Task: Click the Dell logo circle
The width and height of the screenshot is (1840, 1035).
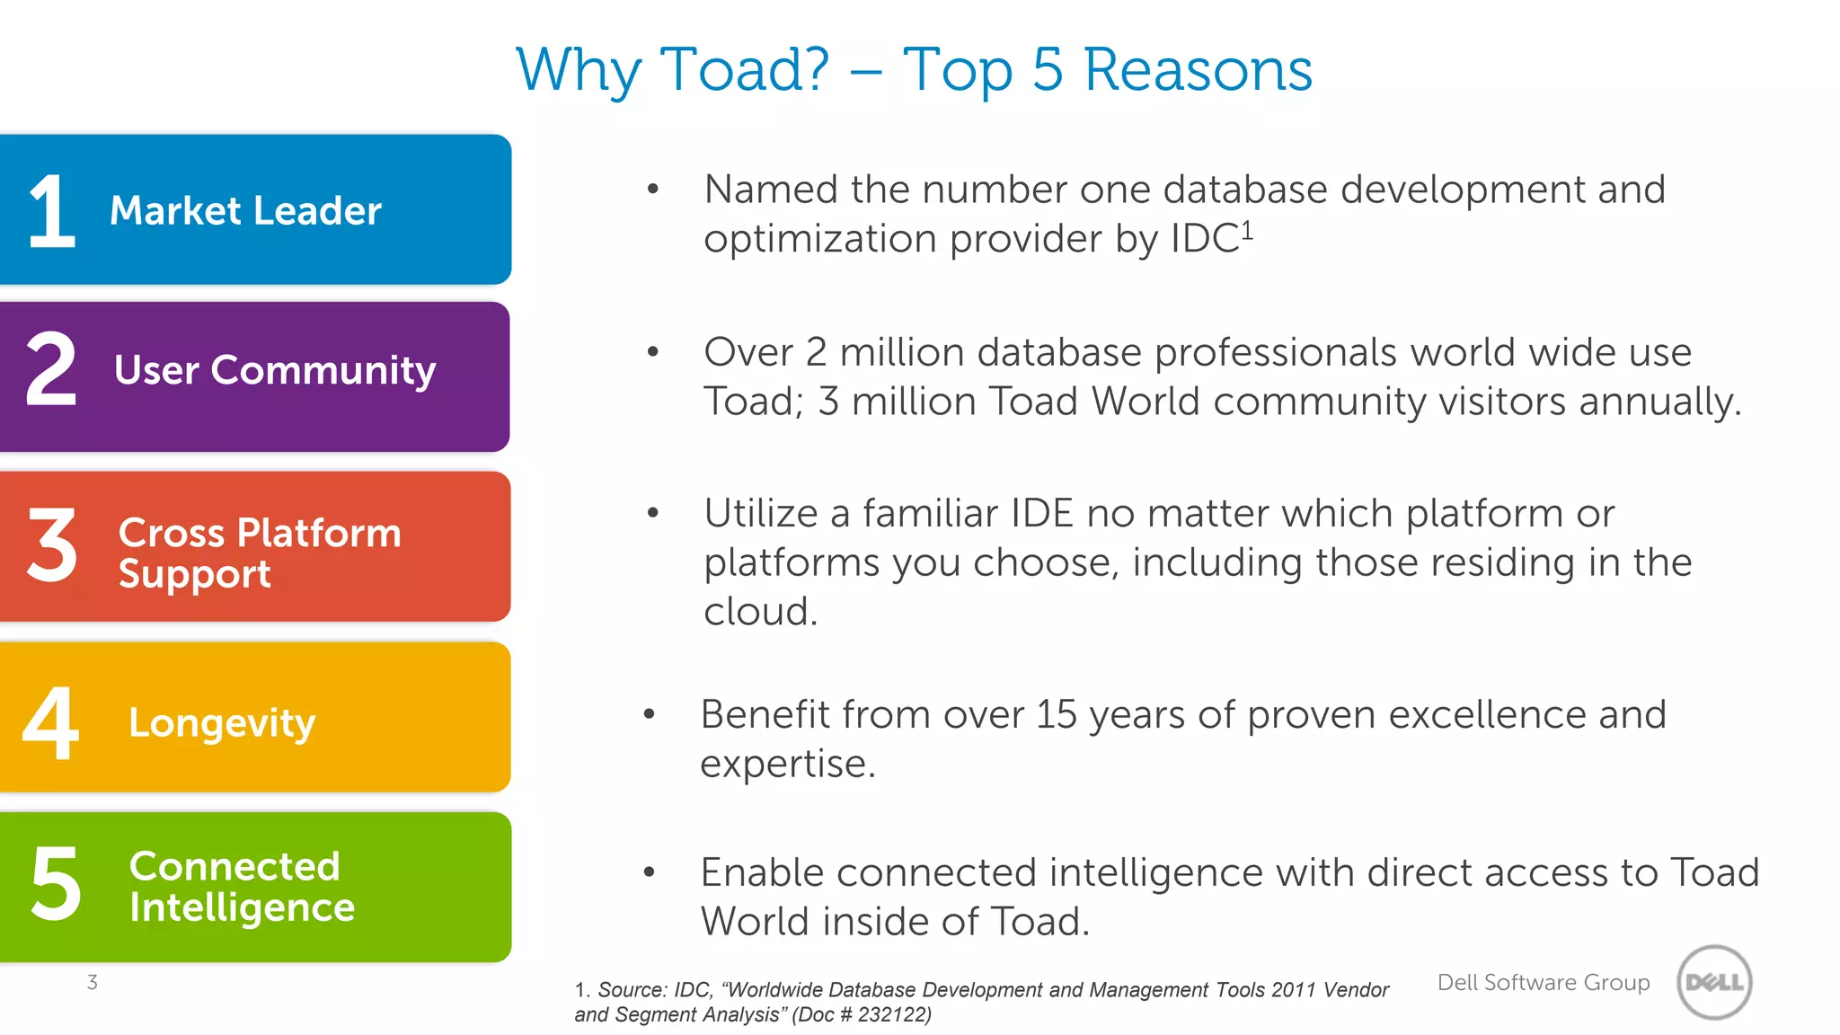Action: click(1714, 982)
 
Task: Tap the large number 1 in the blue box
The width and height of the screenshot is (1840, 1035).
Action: click(51, 211)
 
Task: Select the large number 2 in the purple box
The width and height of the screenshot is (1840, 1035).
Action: click(51, 368)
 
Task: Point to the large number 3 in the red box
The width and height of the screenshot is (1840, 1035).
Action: click(52, 544)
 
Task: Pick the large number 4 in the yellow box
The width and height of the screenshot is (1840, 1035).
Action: click(50, 721)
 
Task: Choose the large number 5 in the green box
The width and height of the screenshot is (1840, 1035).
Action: click(56, 884)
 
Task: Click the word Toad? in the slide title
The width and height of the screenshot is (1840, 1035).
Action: click(745, 70)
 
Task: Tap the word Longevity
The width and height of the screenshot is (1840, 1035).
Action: click(222, 723)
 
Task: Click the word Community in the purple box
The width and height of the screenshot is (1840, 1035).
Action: click(323, 370)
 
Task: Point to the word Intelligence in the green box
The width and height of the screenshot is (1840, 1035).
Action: click(242, 908)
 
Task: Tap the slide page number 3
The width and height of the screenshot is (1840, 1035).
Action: click(92, 982)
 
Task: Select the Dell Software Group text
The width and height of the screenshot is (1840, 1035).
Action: click(1543, 982)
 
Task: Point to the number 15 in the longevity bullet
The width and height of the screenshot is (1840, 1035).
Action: click(1056, 715)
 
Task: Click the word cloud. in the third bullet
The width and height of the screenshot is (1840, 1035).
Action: click(760, 612)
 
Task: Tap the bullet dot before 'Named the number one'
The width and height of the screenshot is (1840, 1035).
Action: click(653, 189)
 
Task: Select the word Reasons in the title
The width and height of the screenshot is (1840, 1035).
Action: click(1198, 70)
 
